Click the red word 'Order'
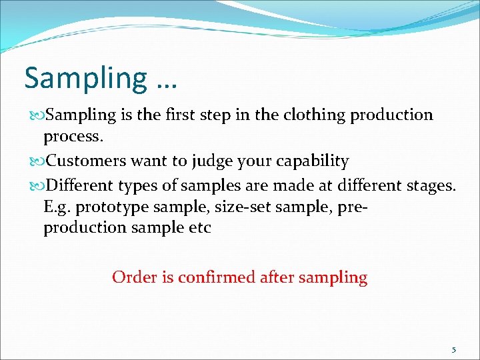(x=134, y=277)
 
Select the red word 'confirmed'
(x=212, y=277)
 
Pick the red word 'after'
(x=273, y=277)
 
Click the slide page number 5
(x=454, y=349)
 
